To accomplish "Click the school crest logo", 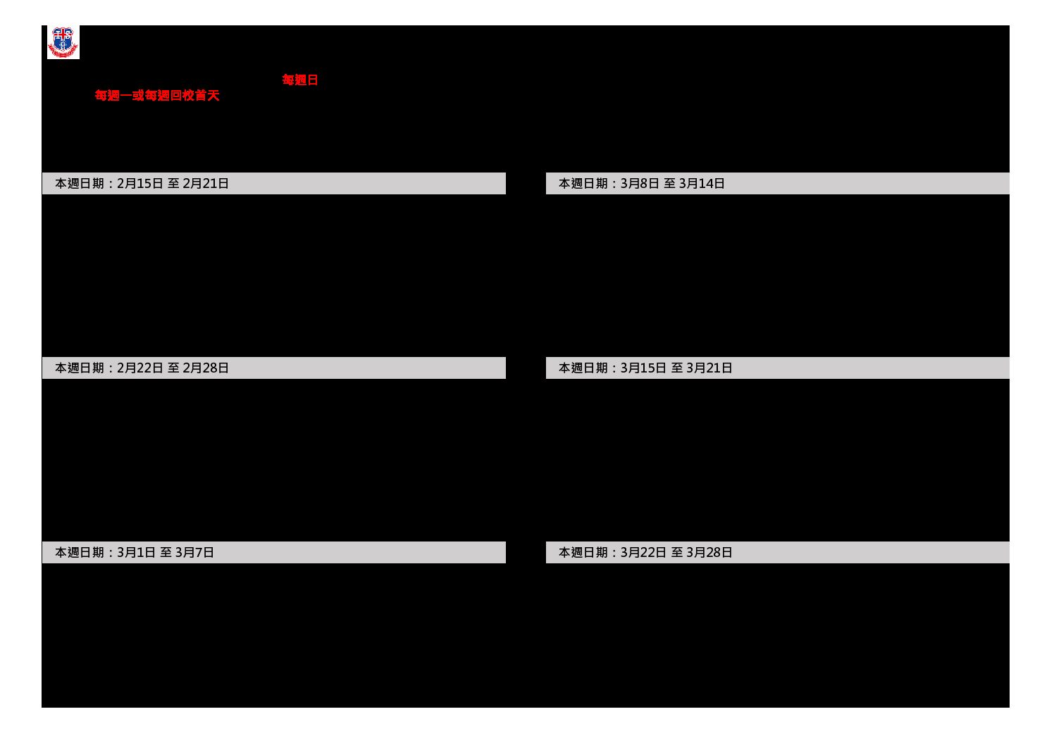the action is coord(63,42).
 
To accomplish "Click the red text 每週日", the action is coord(300,80).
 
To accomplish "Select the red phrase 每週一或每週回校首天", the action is coord(157,96).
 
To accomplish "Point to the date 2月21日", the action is coord(205,183).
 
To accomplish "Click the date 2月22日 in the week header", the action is coord(139,368).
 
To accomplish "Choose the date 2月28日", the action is coord(205,368).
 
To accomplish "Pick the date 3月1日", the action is coord(136,552).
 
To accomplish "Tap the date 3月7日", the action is coord(194,552).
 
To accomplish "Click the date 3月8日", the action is coord(640,183).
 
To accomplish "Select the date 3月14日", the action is coord(702,183).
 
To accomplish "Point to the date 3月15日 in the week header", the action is coord(644,368).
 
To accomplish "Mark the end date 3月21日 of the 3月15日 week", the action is coord(709,368).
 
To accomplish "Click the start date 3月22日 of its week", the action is coord(644,552).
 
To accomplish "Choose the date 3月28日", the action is coord(709,552).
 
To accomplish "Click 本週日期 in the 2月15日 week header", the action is coord(80,183).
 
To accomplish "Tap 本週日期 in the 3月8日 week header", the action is coord(583,183).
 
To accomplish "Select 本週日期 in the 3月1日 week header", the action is coord(80,552).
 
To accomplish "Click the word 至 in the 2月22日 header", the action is coord(173,368).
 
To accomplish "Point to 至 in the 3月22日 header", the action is coord(676,552).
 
